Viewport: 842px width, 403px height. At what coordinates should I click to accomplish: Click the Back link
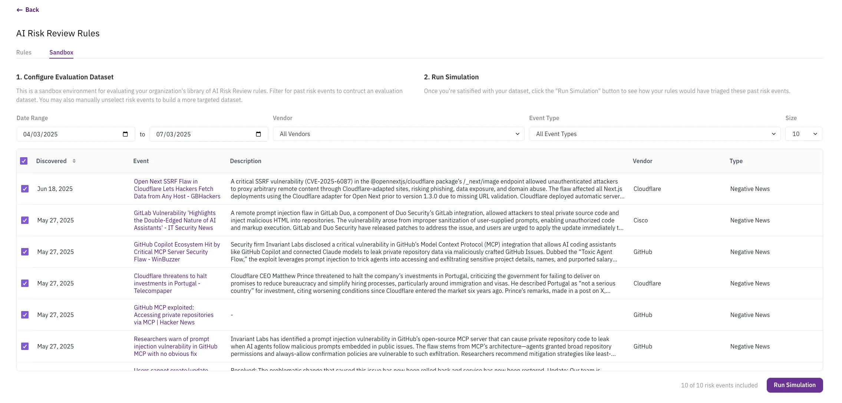coord(28,10)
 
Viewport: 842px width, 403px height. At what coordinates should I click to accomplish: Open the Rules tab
coord(24,52)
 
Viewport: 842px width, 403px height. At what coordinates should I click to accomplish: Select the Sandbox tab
coord(61,52)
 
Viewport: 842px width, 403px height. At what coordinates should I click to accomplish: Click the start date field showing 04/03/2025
coord(70,134)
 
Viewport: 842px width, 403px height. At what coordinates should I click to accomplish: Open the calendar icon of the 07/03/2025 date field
coord(258,134)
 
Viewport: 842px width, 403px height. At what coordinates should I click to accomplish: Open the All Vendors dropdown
coord(398,134)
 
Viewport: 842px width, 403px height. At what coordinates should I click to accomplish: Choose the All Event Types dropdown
coord(654,134)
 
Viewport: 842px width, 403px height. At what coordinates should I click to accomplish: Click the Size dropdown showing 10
coord(803,134)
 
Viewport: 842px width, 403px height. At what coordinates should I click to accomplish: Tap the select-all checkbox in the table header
coord(24,161)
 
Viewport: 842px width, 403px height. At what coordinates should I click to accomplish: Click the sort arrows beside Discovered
coord(74,161)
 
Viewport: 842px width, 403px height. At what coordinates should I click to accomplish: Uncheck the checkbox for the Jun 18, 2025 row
coord(25,189)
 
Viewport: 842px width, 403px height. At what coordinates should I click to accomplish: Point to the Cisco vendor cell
coord(640,220)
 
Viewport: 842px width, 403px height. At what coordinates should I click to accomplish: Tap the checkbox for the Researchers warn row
coord(25,346)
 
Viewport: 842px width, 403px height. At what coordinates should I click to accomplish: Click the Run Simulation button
coord(794,385)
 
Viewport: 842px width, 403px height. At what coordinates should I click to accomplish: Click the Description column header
coord(245,161)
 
